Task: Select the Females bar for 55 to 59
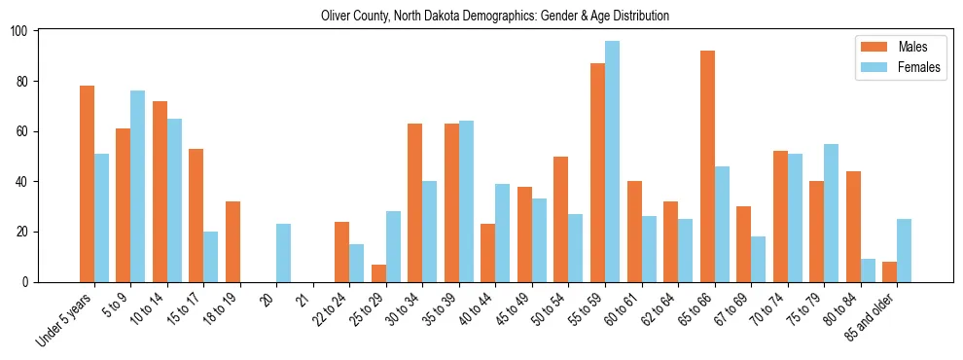click(612, 162)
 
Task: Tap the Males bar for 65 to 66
click(707, 166)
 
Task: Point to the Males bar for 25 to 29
click(378, 273)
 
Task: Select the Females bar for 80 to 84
click(868, 270)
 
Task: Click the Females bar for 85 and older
click(904, 250)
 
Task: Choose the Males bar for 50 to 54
click(561, 219)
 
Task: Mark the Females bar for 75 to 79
click(831, 213)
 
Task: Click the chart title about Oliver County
click(495, 17)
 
